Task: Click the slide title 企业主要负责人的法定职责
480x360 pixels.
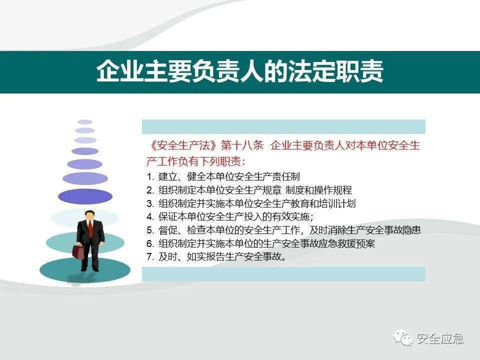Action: (x=239, y=71)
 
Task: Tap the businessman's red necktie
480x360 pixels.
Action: (x=90, y=228)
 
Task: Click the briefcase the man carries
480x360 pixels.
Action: (x=78, y=251)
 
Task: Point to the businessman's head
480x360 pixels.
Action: (x=89, y=215)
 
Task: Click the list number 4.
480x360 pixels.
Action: (x=150, y=216)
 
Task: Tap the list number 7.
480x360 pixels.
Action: (x=150, y=256)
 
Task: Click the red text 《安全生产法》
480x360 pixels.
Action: (x=183, y=145)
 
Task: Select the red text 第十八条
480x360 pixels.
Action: (x=242, y=145)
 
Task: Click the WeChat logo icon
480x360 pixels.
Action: (x=403, y=337)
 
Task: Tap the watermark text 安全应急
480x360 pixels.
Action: (x=440, y=338)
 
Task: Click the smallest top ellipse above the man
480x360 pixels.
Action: (x=85, y=122)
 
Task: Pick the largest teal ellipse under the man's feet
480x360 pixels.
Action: (x=85, y=270)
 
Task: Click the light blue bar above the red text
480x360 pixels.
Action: (x=283, y=126)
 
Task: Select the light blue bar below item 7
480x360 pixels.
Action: (x=283, y=274)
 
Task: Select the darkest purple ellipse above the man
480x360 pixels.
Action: (x=85, y=196)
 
